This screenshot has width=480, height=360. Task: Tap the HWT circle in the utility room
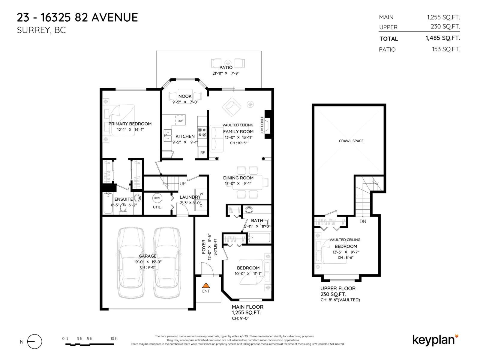pyautogui.click(x=157, y=198)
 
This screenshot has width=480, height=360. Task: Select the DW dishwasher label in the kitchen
pyautogui.click(x=180, y=121)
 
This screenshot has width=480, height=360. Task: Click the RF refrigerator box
pyautogui.click(x=202, y=152)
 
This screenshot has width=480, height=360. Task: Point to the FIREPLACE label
pyautogui.click(x=262, y=125)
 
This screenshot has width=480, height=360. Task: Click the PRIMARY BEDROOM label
pyautogui.click(x=130, y=124)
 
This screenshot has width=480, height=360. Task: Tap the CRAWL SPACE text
pyautogui.click(x=351, y=141)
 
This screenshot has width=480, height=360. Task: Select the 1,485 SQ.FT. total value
pyautogui.click(x=442, y=38)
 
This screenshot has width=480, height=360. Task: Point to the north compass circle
pyautogui.click(x=34, y=342)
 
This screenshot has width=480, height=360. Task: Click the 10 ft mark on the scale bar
pyautogui.click(x=114, y=339)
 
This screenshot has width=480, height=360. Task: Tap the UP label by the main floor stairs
pyautogui.click(x=182, y=184)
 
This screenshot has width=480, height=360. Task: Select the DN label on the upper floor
pyautogui.click(x=363, y=221)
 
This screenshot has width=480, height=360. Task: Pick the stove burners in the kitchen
pyautogui.click(x=202, y=132)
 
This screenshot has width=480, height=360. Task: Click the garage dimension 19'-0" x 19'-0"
pyautogui.click(x=148, y=262)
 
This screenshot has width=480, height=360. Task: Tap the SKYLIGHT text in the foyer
pyautogui.click(x=215, y=247)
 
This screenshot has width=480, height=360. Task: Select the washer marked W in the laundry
pyautogui.click(x=201, y=193)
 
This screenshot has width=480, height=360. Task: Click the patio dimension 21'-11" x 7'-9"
pyautogui.click(x=226, y=73)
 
